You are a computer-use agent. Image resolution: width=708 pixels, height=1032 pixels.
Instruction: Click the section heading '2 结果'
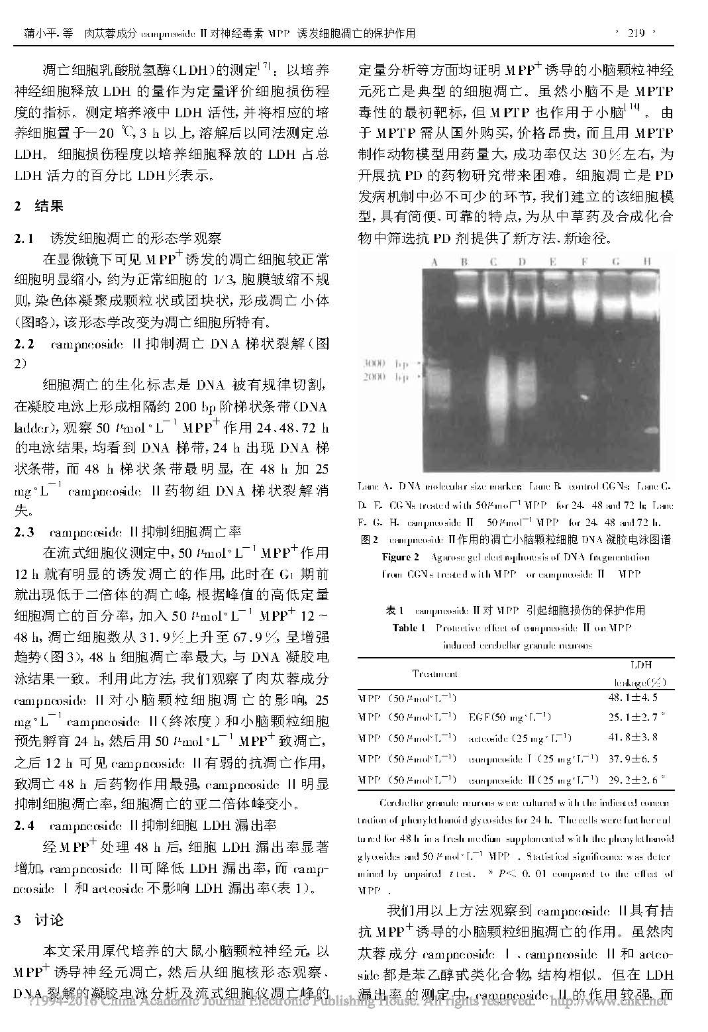[x=39, y=206]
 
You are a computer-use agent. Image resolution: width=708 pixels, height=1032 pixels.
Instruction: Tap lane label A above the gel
[x=434, y=262]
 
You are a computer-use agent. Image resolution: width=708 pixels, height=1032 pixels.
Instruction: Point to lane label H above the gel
[x=646, y=262]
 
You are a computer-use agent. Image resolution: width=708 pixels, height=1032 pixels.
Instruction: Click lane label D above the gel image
[x=522, y=262]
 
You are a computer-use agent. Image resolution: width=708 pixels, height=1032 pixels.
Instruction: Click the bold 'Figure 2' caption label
[x=400, y=557]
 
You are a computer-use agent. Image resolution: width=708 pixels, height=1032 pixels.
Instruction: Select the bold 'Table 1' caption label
[x=409, y=627]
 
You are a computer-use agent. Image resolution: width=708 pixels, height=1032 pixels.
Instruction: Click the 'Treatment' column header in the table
[x=434, y=674]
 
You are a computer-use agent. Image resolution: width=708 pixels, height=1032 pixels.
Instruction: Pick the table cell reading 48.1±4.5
[x=632, y=697]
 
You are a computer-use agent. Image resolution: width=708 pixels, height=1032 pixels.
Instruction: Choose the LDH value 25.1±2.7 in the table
[x=632, y=717]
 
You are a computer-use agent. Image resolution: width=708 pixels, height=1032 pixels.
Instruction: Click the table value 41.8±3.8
[x=632, y=737]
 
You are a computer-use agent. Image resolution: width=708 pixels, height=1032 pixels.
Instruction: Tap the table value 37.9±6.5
[x=632, y=758]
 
